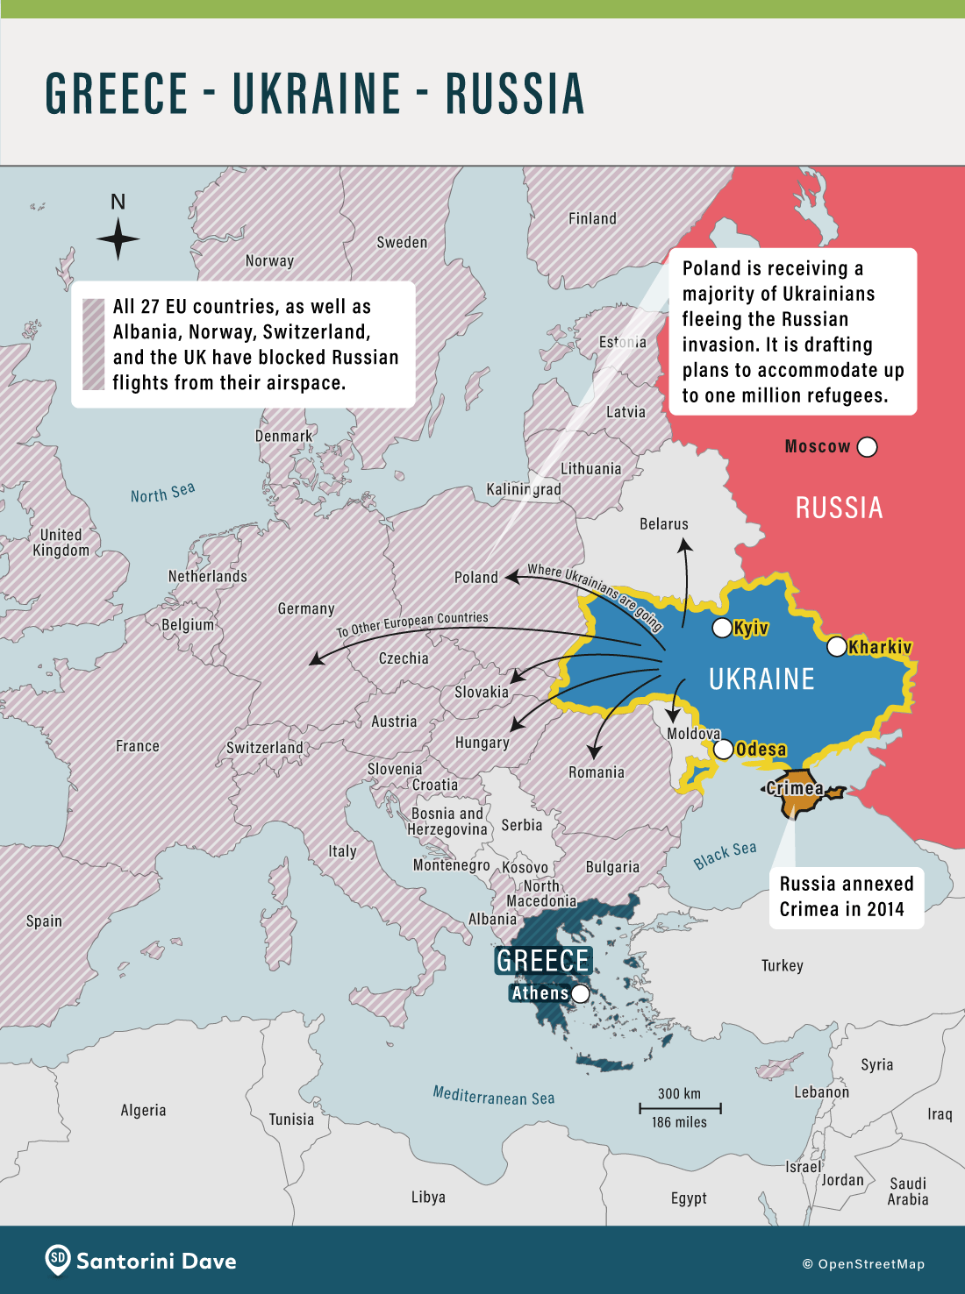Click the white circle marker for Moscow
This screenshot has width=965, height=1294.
867,447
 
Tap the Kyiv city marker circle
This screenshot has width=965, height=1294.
721,628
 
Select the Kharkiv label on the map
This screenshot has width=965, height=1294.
880,647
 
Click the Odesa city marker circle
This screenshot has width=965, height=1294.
723,750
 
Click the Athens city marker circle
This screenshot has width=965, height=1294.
580,993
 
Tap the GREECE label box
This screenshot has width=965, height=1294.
543,961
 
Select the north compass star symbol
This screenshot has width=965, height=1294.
118,238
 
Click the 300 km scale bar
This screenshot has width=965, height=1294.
679,1108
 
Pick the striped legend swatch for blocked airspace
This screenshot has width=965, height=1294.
93,344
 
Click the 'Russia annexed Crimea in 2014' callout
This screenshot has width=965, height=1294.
846,896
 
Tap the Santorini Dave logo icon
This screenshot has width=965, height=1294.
58,1260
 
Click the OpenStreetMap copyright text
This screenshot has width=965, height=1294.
863,1264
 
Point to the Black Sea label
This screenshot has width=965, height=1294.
725,855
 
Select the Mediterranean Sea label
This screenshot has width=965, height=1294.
493,1096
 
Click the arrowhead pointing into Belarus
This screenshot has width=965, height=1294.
685,545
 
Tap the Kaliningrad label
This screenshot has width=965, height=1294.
523,489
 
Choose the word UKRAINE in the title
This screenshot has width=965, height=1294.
316,94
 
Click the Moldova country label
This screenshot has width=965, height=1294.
693,734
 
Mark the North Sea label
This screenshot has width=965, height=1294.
162,494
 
